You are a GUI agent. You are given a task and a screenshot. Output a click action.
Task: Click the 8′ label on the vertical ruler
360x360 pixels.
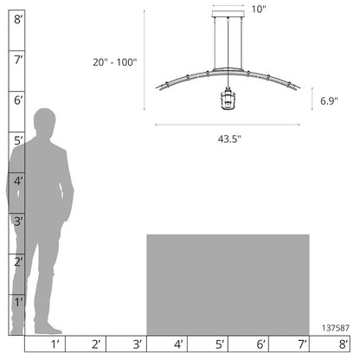[18, 20]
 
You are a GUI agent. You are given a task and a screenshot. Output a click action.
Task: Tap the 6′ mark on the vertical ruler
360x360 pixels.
[18, 100]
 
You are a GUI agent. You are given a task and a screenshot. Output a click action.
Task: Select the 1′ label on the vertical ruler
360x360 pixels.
[18, 302]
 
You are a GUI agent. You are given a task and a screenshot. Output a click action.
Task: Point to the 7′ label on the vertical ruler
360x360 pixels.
[18, 60]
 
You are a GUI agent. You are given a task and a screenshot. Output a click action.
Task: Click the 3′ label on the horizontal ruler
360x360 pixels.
[138, 344]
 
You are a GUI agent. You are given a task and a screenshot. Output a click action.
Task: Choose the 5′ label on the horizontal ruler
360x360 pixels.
[220, 344]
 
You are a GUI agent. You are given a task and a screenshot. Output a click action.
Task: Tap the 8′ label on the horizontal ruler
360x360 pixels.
[343, 344]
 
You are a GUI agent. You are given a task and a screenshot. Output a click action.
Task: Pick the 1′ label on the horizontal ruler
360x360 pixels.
[55, 344]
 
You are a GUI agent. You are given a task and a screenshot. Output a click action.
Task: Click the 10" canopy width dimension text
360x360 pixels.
[258, 10]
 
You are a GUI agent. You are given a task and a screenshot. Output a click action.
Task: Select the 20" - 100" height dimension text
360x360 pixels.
[114, 62]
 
